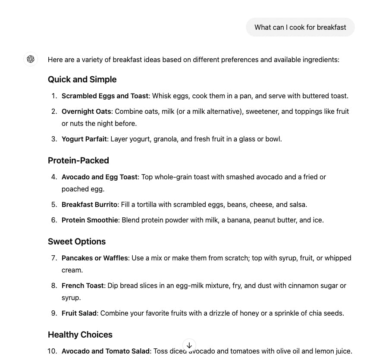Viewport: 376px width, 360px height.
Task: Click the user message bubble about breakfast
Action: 300,27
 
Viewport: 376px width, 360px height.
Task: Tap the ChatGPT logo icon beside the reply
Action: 31,59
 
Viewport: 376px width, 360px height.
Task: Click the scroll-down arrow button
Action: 189,345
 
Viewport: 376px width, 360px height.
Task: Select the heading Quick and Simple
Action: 82,79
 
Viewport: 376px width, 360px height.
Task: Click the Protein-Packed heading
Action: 78,160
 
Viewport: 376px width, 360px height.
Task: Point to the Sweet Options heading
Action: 76,241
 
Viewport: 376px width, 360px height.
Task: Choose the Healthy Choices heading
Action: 80,335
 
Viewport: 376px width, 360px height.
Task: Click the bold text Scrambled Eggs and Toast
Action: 105,96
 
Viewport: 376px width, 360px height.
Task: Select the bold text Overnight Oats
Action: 86,111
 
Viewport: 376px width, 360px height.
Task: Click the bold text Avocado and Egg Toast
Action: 99,177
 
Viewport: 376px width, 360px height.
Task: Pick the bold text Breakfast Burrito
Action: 89,204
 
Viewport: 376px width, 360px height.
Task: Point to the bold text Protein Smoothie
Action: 90,220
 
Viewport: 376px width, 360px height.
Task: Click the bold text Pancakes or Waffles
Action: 94,258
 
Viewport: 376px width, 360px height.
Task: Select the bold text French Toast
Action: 82,285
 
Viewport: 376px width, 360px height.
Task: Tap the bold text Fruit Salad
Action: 79,313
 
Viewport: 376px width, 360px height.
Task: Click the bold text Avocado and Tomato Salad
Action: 106,351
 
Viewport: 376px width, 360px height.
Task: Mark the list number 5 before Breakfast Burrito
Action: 53,204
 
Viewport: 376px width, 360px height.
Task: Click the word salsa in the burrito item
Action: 298,204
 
